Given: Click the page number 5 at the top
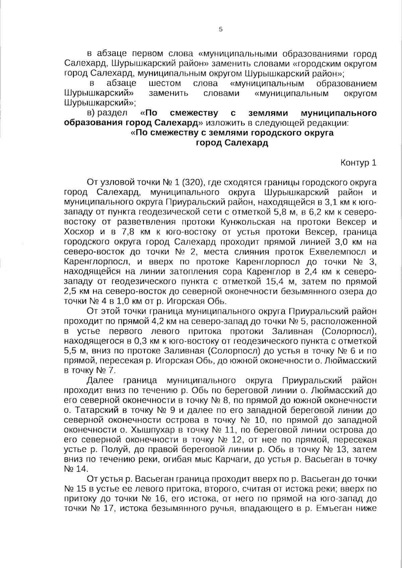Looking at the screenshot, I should point(220,29).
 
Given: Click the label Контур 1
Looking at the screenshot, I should point(358,163).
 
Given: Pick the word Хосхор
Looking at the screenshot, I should point(76,232).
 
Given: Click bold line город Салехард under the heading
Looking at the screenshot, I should point(232,143).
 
